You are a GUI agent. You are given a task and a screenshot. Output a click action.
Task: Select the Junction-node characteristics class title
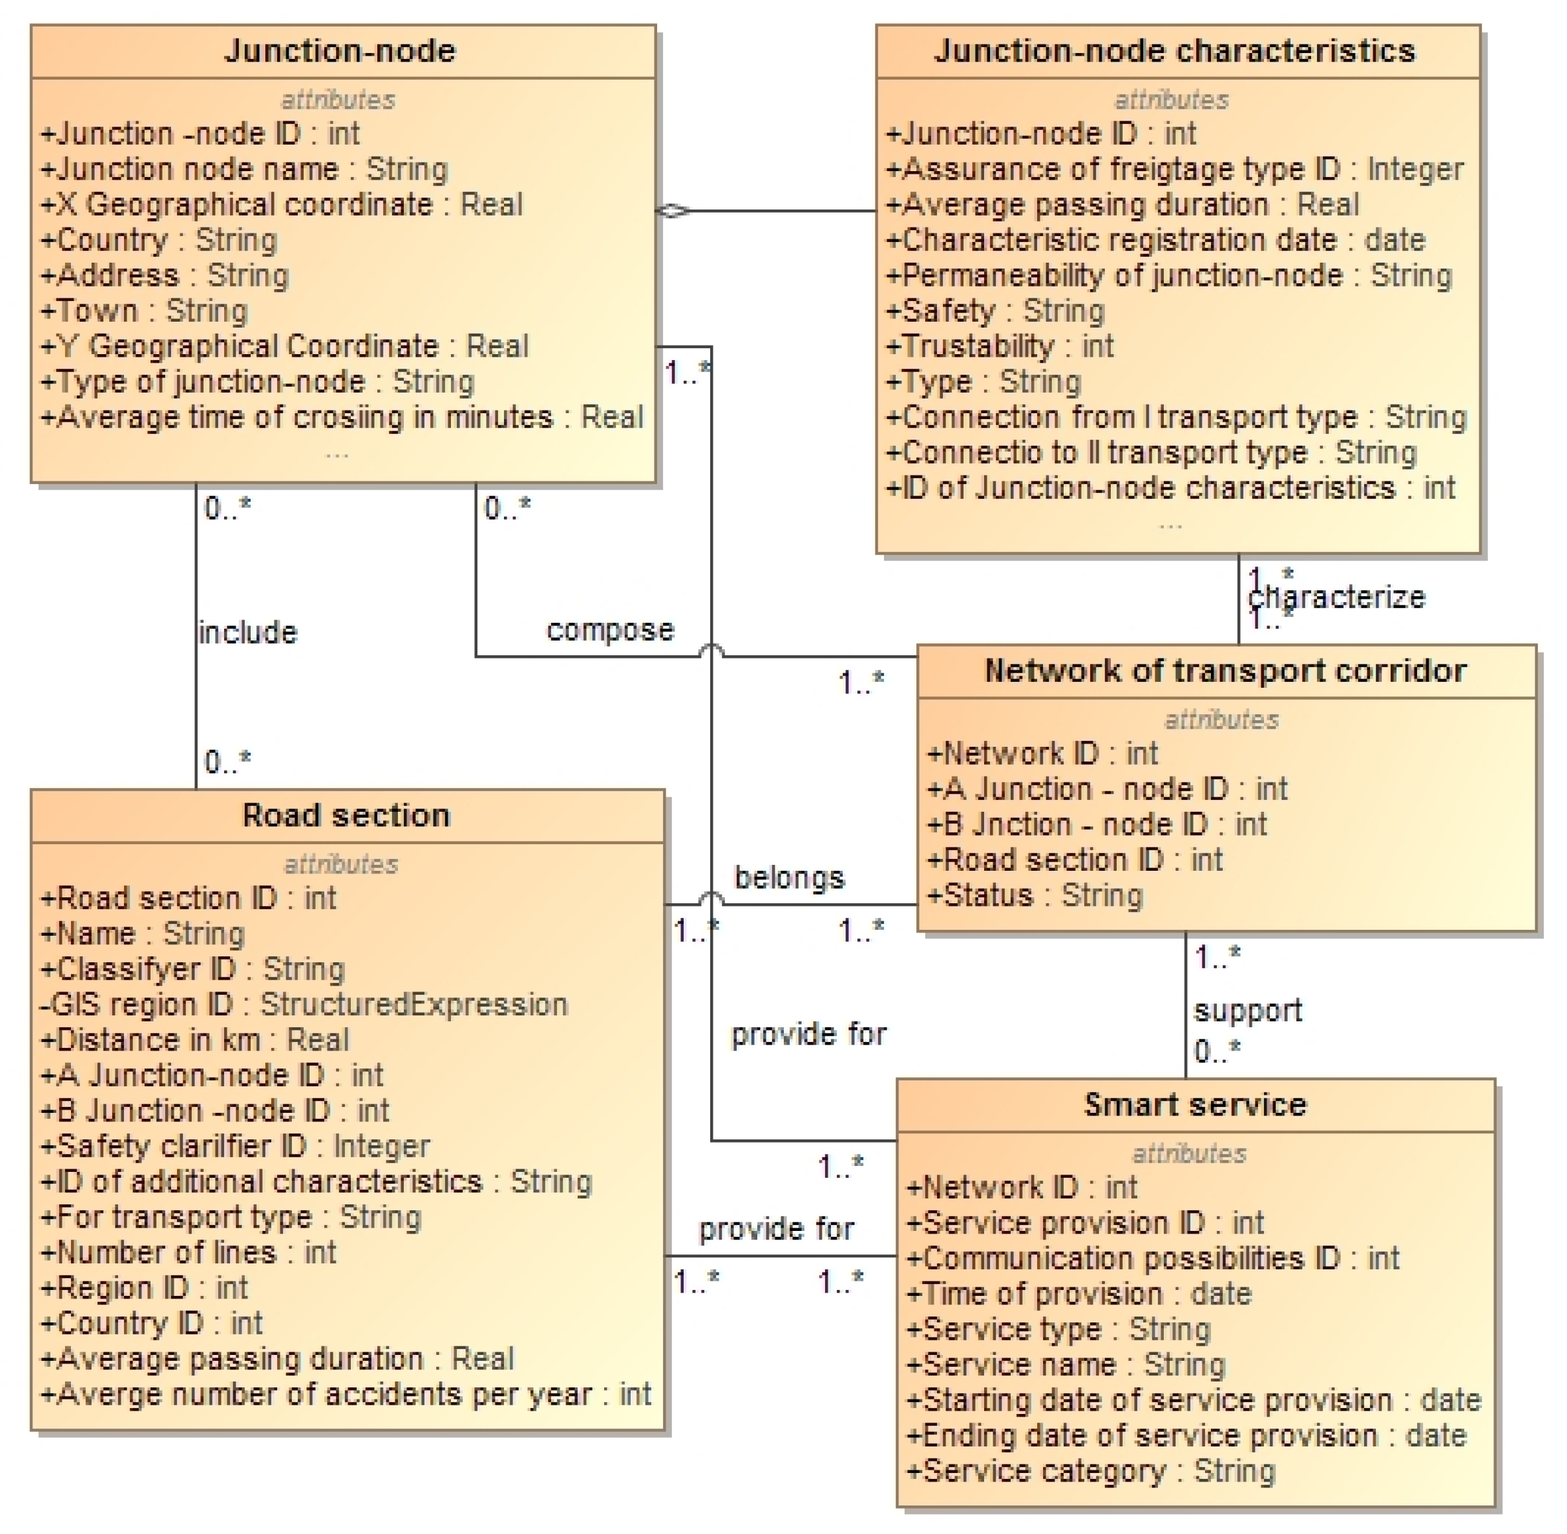click(1174, 51)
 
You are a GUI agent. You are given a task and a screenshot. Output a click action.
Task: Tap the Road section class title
click(345, 815)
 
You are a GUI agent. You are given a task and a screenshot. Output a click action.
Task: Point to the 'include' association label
click(247, 633)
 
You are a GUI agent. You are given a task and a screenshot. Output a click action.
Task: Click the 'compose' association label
click(610, 629)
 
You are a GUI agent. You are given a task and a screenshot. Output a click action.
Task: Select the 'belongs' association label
click(788, 877)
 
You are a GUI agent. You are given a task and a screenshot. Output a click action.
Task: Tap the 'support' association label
click(1247, 1010)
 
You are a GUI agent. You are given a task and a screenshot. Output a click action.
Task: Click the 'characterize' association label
click(1336, 597)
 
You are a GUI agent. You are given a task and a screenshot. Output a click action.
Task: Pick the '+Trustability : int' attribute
click(999, 346)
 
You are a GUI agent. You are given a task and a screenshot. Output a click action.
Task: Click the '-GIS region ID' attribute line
click(304, 1004)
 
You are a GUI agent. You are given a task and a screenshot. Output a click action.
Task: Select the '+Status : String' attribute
click(1034, 895)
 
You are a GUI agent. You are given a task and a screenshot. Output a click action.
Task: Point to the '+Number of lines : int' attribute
click(188, 1252)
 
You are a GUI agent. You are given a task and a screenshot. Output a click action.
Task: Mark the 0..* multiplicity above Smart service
click(1218, 1051)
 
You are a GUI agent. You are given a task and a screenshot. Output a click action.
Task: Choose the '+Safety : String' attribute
click(995, 310)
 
